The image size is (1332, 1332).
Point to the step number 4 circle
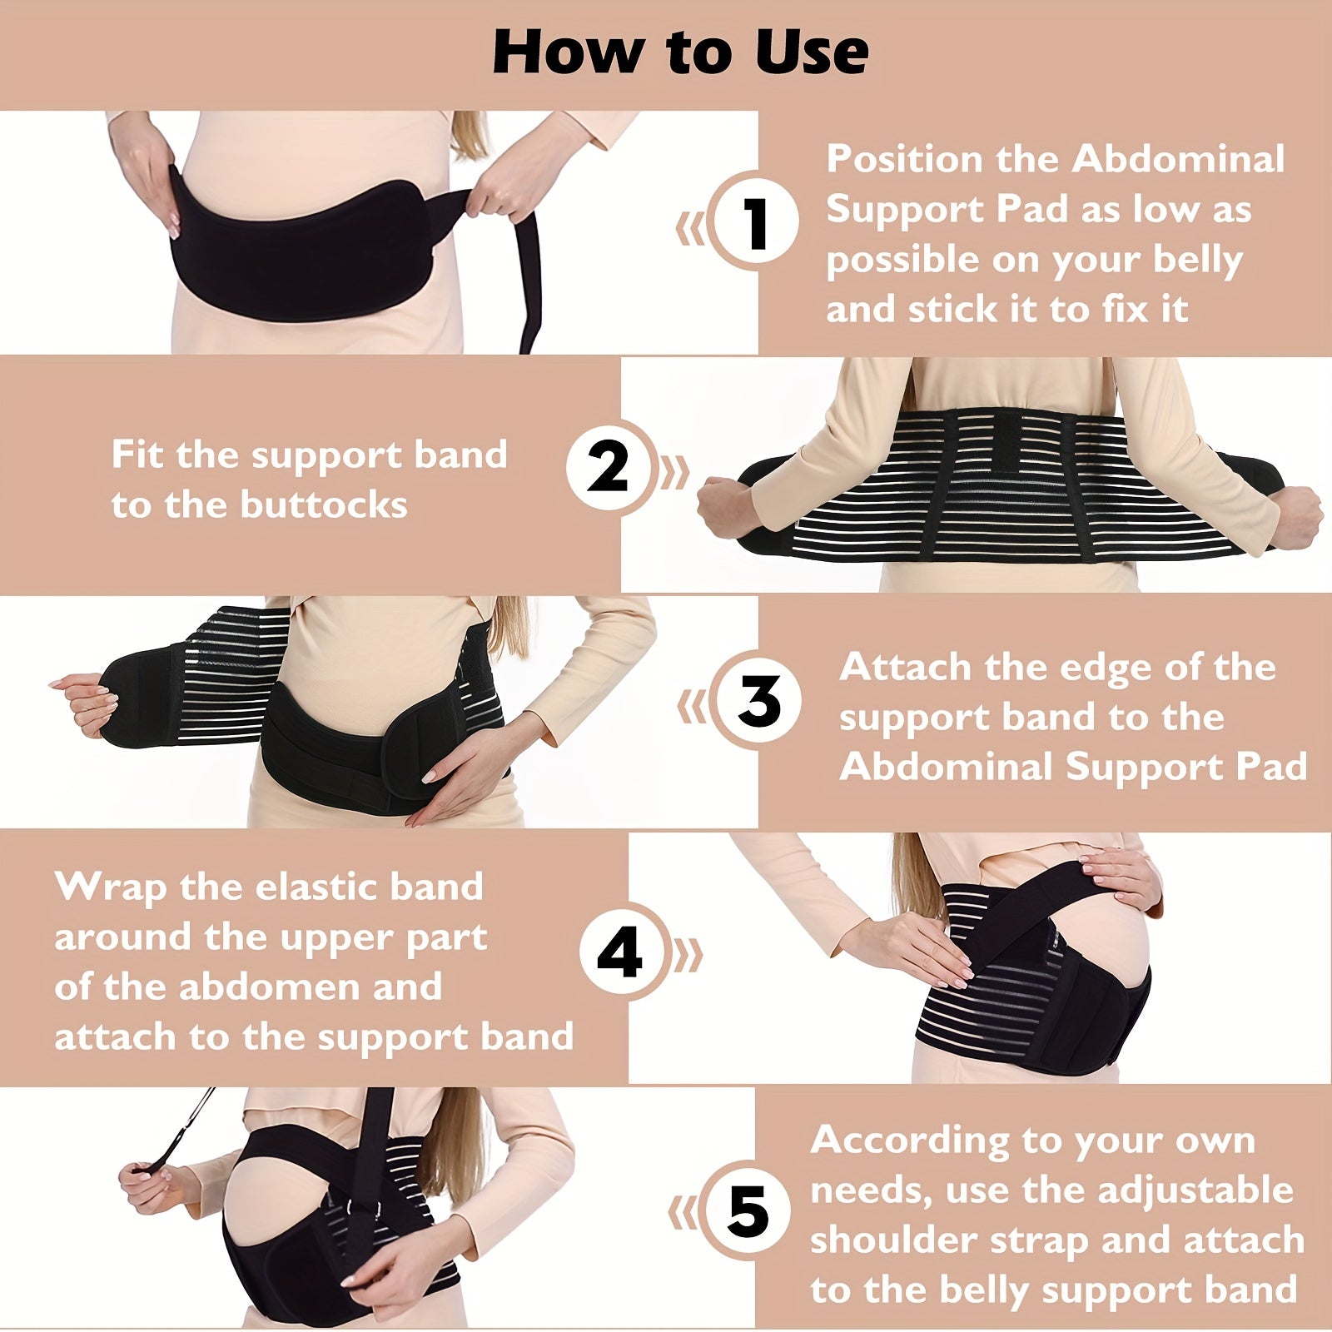click(x=620, y=955)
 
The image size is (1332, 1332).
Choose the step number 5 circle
click(x=747, y=1212)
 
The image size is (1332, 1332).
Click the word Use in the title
click(x=812, y=52)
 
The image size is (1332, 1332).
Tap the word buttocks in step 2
click(x=324, y=504)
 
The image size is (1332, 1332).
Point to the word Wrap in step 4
click(x=110, y=887)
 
